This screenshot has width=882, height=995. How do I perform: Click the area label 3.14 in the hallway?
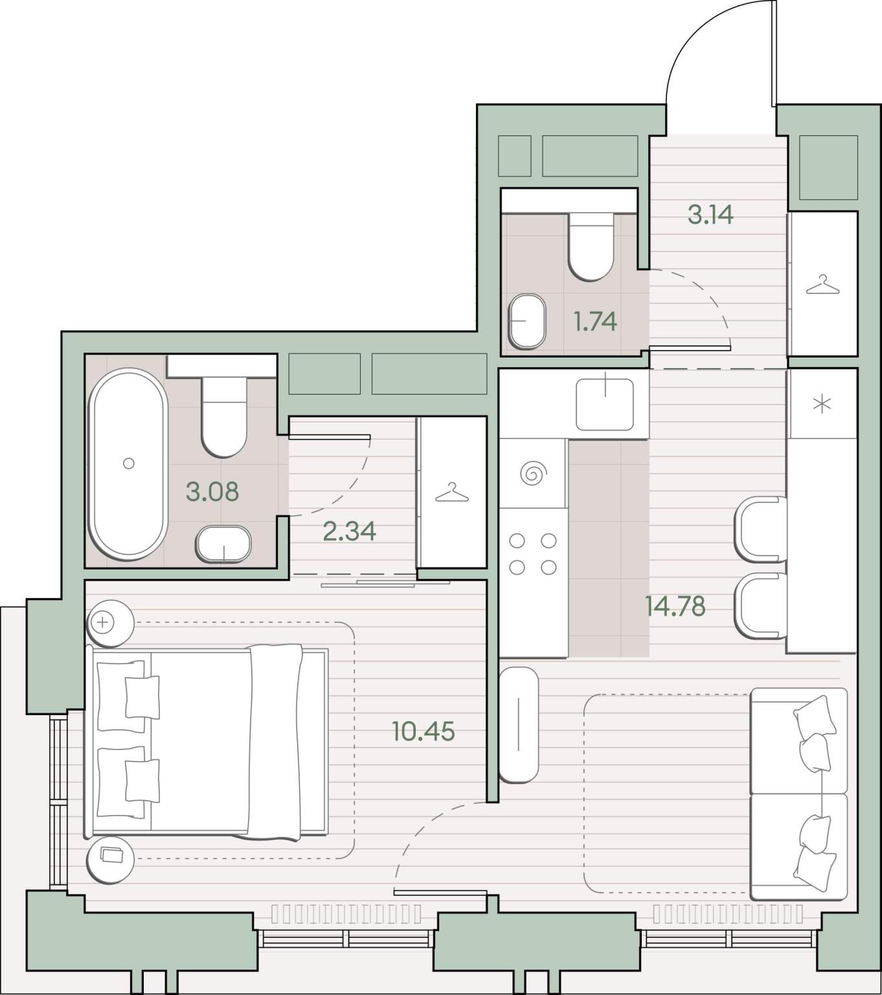coord(710,214)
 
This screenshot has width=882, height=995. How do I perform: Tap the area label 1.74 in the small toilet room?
coord(595,322)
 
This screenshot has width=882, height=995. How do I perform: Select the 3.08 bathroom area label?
coord(212,491)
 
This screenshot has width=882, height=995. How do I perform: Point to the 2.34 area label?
coord(350,531)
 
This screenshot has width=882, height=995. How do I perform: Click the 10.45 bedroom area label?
coord(424,731)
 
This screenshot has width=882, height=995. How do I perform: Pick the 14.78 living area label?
coord(675,606)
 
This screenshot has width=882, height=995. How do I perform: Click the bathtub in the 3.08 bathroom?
coord(128,464)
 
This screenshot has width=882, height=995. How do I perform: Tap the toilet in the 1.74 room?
coord(591,247)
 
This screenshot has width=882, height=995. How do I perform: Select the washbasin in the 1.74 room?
coord(527,321)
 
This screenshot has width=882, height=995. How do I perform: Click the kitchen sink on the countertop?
coord(605,404)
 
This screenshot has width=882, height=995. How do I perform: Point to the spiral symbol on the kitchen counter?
coord(534,474)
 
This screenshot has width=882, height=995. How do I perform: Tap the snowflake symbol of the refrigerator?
coord(822,405)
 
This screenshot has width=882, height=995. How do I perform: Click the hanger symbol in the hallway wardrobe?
coord(822,284)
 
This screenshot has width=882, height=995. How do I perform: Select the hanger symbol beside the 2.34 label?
coord(452,492)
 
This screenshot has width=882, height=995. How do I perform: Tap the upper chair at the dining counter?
coord(761,529)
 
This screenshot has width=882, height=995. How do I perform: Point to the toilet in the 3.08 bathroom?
coord(224,417)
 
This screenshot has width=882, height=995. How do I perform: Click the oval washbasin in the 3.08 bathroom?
coord(223,544)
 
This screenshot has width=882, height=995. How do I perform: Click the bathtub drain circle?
coord(129,463)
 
